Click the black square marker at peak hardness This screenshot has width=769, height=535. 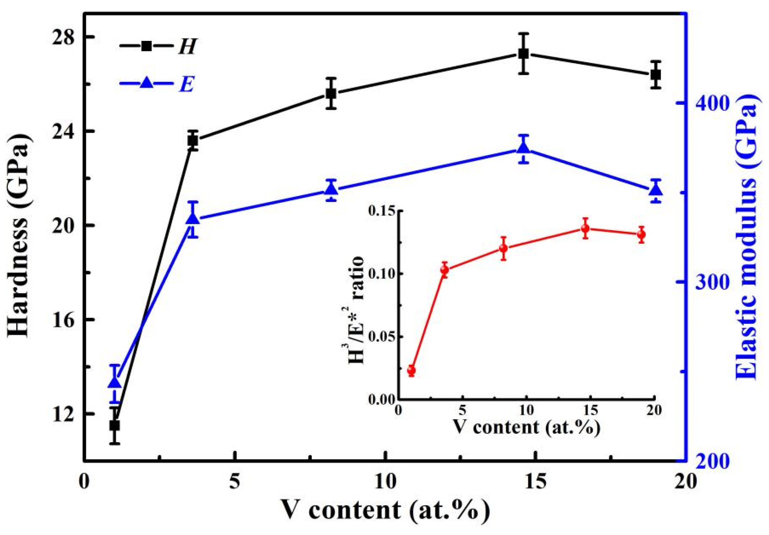523,54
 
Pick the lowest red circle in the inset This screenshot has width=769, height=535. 411,370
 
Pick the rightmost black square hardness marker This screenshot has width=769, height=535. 655,75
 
